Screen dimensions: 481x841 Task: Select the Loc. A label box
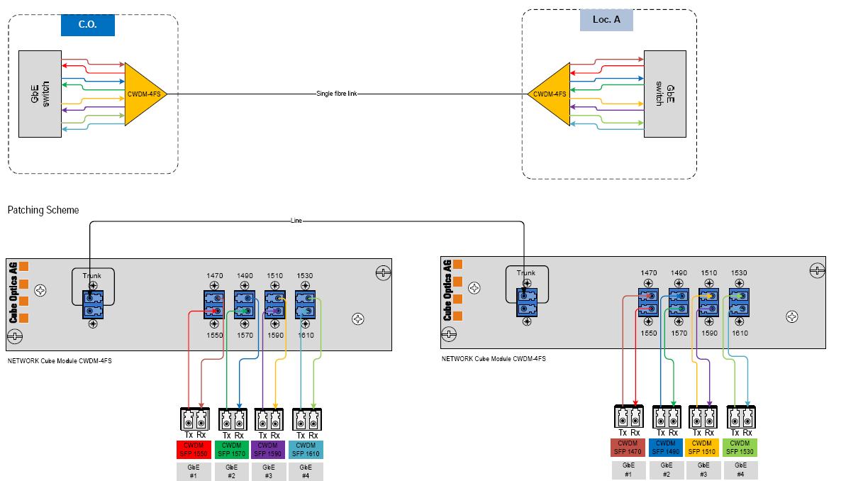point(606,19)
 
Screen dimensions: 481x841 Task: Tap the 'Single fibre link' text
point(336,94)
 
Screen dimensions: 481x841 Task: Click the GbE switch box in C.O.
point(40,93)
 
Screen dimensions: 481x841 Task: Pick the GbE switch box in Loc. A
point(664,93)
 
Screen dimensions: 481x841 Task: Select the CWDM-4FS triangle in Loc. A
point(550,94)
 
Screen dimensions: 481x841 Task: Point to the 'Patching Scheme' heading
point(43,211)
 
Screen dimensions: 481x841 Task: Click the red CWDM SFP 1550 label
point(194,449)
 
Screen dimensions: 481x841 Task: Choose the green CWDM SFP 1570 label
point(231,449)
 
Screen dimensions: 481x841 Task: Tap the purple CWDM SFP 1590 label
point(268,449)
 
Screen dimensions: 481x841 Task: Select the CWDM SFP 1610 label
point(306,449)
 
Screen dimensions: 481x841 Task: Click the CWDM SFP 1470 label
point(628,448)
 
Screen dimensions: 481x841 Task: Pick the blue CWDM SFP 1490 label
point(666,448)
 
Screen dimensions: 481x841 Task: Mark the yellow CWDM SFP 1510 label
point(703,448)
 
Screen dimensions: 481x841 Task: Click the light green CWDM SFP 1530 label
point(740,448)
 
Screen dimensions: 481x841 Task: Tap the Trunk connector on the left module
point(92,302)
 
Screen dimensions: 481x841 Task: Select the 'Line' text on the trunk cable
point(296,221)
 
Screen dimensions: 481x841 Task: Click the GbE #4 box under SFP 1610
point(306,472)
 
